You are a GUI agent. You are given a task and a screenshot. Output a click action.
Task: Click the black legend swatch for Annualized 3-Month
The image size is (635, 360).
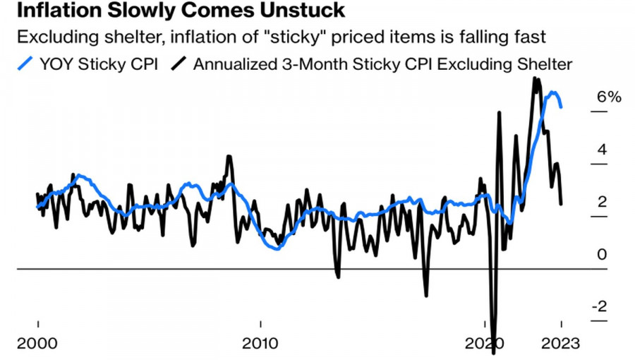180,64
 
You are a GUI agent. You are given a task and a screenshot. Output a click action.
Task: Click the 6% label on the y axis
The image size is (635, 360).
608,97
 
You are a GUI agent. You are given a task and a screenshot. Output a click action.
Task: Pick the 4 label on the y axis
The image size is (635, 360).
602,150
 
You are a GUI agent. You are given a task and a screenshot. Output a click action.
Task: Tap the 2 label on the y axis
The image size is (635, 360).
602,202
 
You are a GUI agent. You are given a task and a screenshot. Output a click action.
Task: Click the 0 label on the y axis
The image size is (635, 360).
602,254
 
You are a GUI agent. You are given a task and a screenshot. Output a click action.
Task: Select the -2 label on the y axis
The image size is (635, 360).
599,306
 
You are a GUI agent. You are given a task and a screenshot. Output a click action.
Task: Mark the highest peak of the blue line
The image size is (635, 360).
555,92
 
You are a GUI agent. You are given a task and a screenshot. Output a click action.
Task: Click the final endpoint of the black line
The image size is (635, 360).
561,204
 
